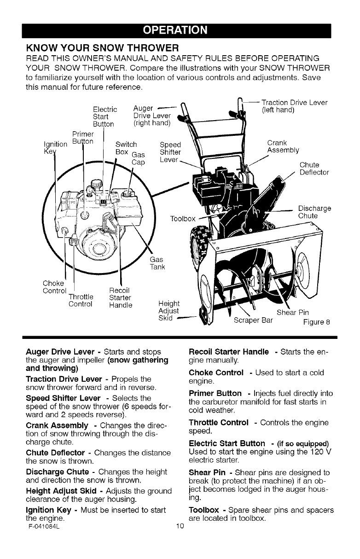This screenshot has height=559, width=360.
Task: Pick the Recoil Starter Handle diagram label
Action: point(121,297)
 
